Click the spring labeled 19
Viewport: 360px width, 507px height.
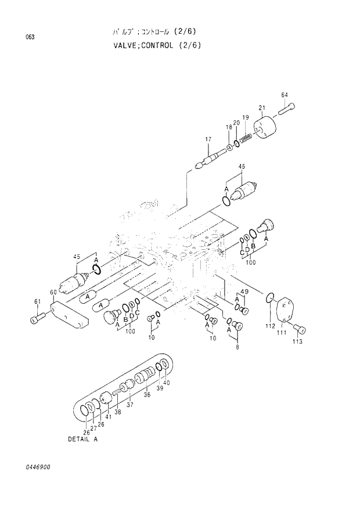tap(244, 138)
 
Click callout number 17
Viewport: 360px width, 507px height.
tap(207, 138)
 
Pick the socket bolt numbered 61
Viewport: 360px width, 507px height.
tap(37, 318)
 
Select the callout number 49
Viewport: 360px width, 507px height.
tap(244, 292)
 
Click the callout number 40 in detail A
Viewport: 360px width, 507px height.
tap(166, 382)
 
